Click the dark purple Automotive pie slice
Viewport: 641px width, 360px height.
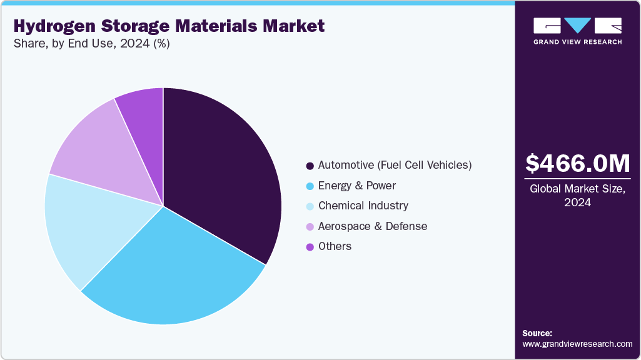[219, 169]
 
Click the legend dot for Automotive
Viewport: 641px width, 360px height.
[310, 166]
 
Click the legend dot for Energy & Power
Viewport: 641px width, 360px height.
[310, 186]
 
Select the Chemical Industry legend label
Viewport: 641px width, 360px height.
[363, 206]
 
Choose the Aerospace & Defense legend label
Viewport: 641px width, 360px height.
[372, 226]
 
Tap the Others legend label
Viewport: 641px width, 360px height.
[335, 246]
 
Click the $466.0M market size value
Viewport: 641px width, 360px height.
[578, 164]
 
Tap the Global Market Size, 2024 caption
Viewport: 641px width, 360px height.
[578, 196]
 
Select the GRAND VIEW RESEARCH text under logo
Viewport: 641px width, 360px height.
[577, 42]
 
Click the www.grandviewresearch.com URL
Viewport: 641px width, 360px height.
[577, 344]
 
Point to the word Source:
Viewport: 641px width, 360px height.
[537, 333]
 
